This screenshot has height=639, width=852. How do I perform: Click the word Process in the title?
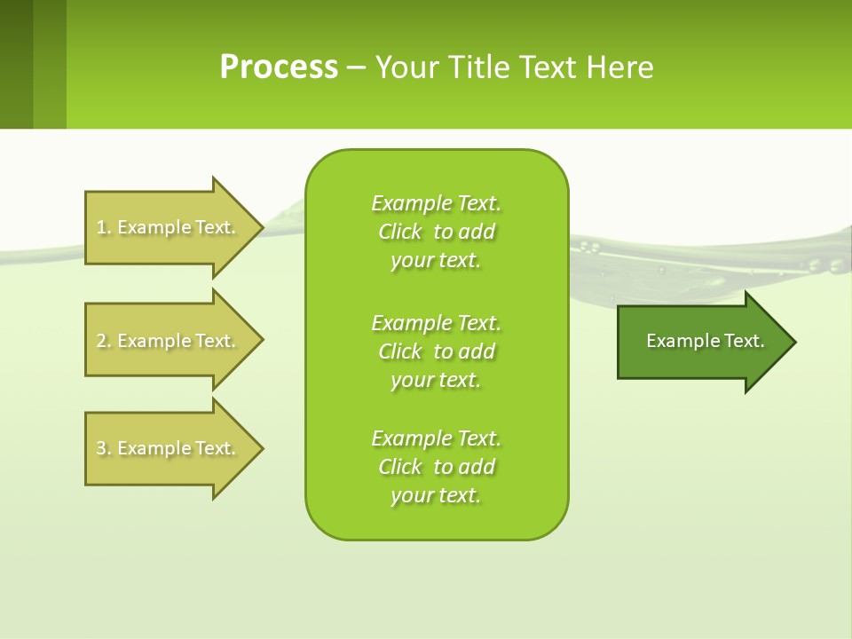(x=279, y=67)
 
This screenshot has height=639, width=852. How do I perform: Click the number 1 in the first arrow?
(x=101, y=227)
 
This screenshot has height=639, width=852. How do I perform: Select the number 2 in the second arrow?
(x=101, y=341)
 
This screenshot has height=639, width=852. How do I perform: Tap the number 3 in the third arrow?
(x=101, y=448)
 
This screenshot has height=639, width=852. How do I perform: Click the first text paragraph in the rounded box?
(x=436, y=232)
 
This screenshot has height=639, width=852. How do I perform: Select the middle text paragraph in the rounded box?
(x=436, y=351)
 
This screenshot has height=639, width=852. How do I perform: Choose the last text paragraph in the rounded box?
(x=436, y=467)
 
